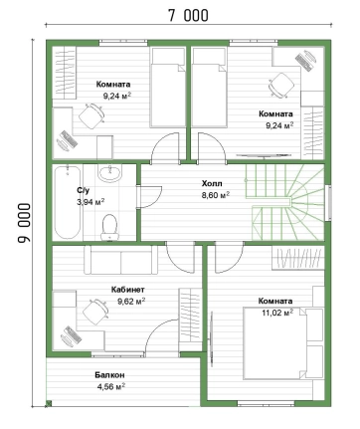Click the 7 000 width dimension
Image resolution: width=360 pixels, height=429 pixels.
click(x=188, y=16)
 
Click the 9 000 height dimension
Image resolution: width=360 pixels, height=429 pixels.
click(x=24, y=223)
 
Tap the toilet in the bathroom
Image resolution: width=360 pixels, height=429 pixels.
click(x=109, y=227)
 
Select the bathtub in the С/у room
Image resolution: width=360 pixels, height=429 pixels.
click(x=68, y=202)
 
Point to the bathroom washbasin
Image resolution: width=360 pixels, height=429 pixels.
click(x=110, y=173)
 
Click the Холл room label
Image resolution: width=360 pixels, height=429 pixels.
click(x=212, y=183)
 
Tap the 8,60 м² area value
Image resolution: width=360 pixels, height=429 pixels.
click(x=216, y=195)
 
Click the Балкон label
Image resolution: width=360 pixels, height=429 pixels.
click(x=109, y=375)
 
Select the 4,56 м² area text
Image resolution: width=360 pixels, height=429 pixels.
click(x=111, y=386)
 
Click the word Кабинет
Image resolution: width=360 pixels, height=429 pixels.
click(x=127, y=290)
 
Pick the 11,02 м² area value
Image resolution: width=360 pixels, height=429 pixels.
click(x=277, y=313)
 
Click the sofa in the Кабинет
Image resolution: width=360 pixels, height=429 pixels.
click(x=121, y=260)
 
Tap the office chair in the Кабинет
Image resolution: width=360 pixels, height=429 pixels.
click(x=94, y=312)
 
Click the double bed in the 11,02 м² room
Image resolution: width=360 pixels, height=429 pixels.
click(x=282, y=343)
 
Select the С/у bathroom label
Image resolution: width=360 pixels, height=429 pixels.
click(x=84, y=190)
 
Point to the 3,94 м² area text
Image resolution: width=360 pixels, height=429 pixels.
click(x=90, y=202)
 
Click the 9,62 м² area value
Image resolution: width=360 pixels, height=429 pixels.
click(x=131, y=302)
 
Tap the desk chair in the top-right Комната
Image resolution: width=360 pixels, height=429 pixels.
click(x=281, y=86)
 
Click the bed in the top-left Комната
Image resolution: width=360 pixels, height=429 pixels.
click(x=168, y=88)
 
